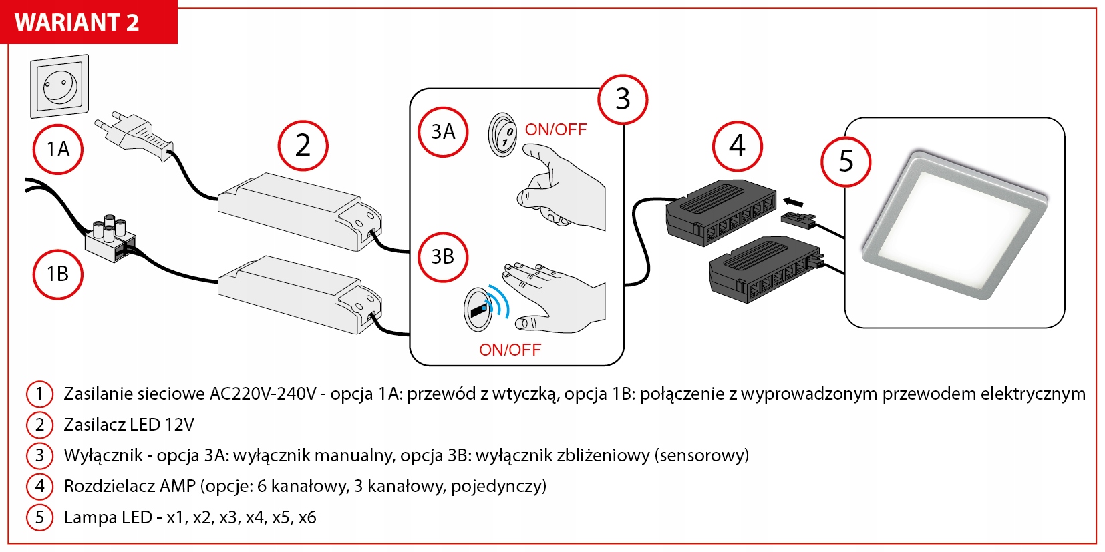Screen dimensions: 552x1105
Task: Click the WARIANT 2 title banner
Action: (x=77, y=22)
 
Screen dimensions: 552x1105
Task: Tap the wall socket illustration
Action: (x=59, y=86)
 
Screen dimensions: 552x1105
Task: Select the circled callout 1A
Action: (x=58, y=149)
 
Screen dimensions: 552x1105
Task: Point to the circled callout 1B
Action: (x=58, y=274)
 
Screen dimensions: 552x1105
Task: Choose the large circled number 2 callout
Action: (x=303, y=146)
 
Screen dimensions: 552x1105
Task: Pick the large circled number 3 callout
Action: (x=623, y=99)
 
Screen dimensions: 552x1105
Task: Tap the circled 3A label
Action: (x=443, y=131)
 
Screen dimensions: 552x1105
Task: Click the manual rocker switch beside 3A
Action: (x=503, y=134)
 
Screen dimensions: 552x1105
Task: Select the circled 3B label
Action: (x=443, y=256)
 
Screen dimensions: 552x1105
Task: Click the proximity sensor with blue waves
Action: (x=479, y=310)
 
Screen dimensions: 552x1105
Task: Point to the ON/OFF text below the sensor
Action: (x=510, y=350)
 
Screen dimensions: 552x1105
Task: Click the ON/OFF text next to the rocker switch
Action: (x=556, y=129)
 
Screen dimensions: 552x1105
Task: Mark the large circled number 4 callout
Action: (x=737, y=146)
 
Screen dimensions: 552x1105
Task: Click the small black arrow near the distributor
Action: (x=792, y=202)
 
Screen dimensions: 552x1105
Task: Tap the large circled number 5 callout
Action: (x=846, y=161)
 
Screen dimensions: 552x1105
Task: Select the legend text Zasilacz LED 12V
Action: (x=129, y=425)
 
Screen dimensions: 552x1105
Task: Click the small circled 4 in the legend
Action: (x=39, y=486)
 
